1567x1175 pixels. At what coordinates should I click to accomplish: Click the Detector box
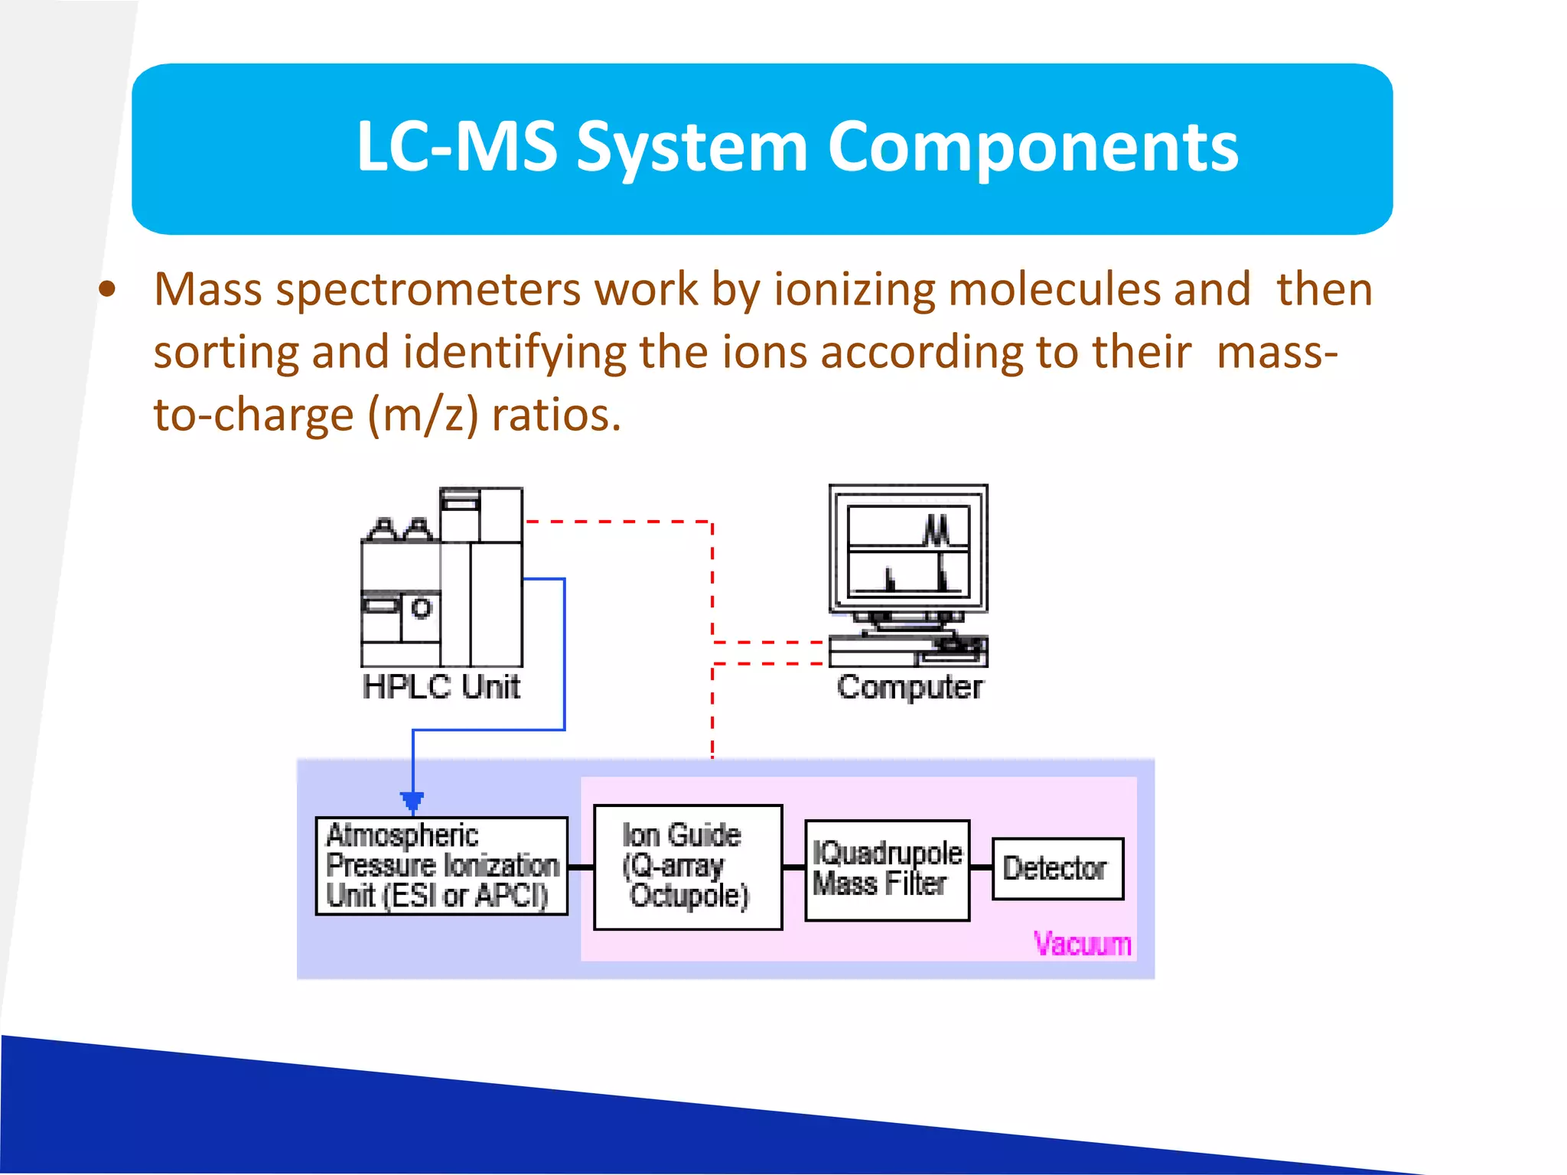point(1057,868)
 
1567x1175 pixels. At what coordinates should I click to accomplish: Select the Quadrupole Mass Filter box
point(887,870)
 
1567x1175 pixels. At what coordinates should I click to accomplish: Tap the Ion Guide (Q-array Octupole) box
point(687,867)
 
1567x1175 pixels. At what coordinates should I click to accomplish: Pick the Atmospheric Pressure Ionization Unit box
point(441,866)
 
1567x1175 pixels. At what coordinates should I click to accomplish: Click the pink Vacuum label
point(1082,944)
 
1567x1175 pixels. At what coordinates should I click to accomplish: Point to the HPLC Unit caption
point(441,687)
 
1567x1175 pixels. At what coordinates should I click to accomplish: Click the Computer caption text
point(909,687)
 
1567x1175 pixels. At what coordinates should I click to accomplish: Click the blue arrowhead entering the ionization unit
point(412,801)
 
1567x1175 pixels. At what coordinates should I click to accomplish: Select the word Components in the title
point(1032,147)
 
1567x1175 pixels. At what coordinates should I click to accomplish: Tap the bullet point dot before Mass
point(107,290)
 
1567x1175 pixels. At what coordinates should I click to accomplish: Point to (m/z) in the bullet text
point(423,415)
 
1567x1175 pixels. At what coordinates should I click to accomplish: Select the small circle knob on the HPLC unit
point(422,609)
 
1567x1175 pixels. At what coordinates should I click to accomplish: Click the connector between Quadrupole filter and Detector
point(981,868)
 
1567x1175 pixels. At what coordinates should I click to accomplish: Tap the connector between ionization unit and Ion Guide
point(581,867)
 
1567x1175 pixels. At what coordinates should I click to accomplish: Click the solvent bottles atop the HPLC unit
point(399,529)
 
